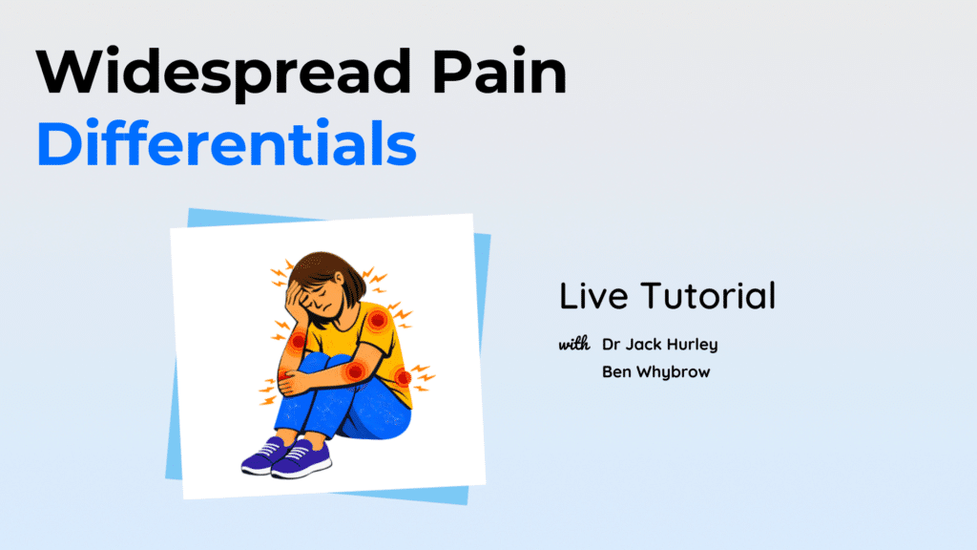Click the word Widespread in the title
pyautogui.click(x=224, y=73)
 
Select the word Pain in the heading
pyautogui.click(x=499, y=71)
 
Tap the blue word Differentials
pyautogui.click(x=227, y=143)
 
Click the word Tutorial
pyautogui.click(x=709, y=296)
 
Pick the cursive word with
pyautogui.click(x=573, y=344)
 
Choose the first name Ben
pyautogui.click(x=616, y=371)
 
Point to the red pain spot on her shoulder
pyautogui.click(x=377, y=321)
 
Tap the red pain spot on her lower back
pyautogui.click(x=403, y=377)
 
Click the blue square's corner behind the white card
pyautogui.click(x=190, y=210)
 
